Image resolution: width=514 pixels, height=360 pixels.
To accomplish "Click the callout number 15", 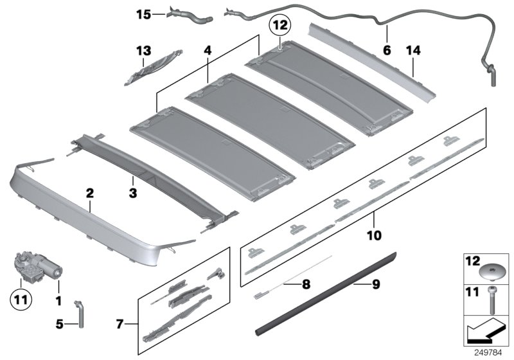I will point(142,12).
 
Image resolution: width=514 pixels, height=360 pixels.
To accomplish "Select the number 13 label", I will point(142,50).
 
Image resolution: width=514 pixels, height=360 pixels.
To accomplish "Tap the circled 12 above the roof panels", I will point(280,26).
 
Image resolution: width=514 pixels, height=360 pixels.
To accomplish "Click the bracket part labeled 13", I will point(153,67).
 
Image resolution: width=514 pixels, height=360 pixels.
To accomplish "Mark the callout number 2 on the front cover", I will point(90,192).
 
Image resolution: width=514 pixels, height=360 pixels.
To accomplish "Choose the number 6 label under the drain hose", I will point(386,49).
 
